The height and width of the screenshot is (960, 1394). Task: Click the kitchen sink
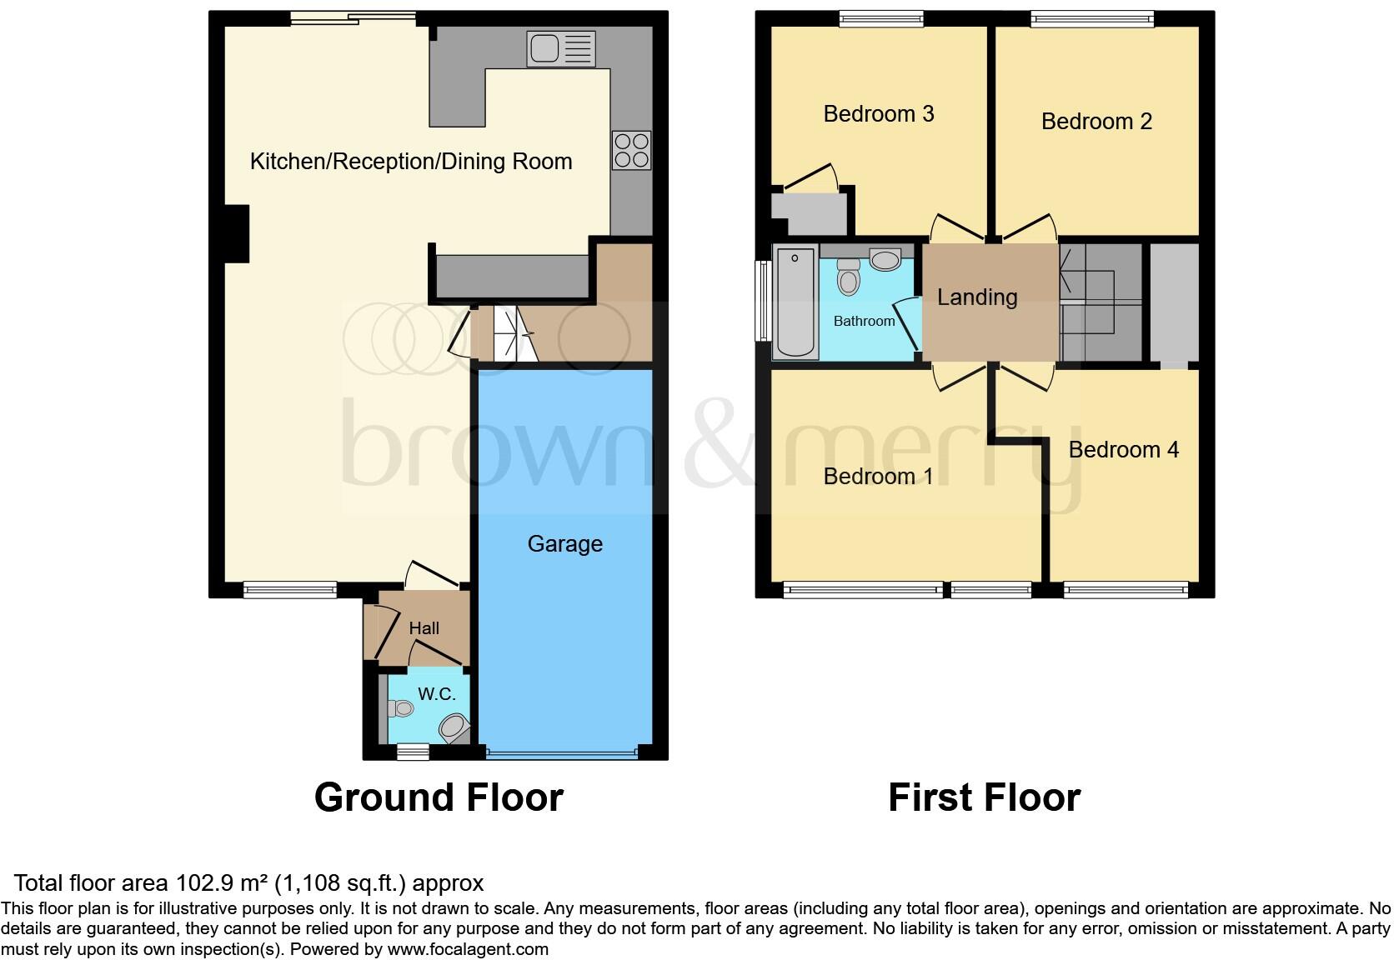561,48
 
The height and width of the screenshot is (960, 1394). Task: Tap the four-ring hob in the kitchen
631,151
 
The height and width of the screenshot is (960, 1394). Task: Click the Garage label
564,544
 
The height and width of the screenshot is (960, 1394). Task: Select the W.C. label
436,693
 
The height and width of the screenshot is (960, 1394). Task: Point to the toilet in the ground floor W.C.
401,708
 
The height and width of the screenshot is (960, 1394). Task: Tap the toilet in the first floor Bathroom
848,277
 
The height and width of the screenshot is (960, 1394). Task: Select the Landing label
977,297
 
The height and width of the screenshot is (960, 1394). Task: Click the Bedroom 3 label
878,114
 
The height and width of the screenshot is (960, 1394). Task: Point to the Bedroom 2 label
1096,122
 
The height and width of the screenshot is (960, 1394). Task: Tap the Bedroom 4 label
1123,450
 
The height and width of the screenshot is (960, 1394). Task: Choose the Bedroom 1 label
878,477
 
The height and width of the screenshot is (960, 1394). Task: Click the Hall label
424,628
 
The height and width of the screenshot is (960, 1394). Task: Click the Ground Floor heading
439,797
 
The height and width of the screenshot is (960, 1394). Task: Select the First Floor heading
984,797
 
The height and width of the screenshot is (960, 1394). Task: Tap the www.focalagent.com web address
468,949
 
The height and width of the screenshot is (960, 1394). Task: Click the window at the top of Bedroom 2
1092,18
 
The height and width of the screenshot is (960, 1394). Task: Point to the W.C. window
413,752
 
